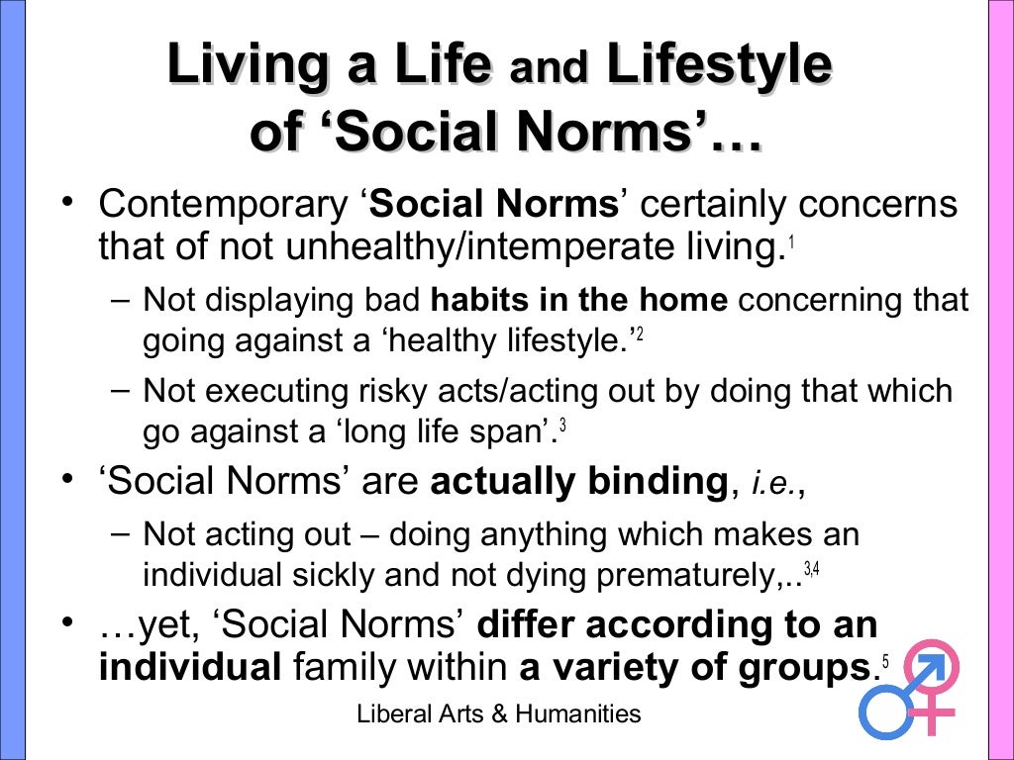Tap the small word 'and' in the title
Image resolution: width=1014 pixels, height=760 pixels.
[x=549, y=69]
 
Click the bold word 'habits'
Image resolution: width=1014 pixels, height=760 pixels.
[x=482, y=299]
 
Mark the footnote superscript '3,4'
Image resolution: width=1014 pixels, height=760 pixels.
[x=811, y=569]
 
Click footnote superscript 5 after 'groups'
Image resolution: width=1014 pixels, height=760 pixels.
[x=884, y=660]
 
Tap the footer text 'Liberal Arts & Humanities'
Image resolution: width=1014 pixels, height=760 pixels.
[x=499, y=713]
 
